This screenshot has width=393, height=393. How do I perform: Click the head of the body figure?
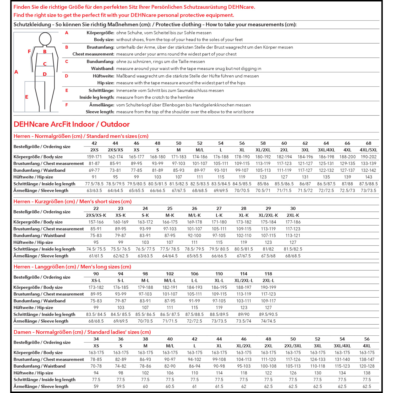[45, 39]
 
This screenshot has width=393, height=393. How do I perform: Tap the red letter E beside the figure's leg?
[26, 97]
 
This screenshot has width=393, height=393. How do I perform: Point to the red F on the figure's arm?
[29, 51]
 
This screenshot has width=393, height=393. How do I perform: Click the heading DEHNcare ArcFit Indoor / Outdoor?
[72, 124]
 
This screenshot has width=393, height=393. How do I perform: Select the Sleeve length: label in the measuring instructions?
[100, 112]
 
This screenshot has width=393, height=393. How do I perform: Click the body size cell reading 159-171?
[94, 157]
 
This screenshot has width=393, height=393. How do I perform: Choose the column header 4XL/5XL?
[368, 150]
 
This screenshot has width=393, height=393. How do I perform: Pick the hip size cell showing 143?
[368, 177]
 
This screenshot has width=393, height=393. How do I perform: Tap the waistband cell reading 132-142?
[368, 170]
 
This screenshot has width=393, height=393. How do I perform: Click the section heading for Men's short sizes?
[73, 201]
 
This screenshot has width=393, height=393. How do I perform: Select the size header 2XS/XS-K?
[96, 215]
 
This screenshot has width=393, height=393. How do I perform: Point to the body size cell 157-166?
[96, 222]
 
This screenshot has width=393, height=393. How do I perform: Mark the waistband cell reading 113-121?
[293, 236]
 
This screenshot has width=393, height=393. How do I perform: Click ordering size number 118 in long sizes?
[268, 274]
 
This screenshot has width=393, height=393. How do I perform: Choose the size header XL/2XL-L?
[244, 281]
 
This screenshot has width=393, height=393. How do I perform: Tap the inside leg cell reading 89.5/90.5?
[268, 314]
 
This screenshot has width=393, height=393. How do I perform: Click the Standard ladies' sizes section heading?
[82, 332]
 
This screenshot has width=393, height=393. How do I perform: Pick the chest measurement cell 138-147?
[367, 359]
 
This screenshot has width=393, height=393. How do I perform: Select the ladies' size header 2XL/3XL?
[293, 346]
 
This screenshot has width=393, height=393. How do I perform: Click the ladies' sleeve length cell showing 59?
[96, 386]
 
